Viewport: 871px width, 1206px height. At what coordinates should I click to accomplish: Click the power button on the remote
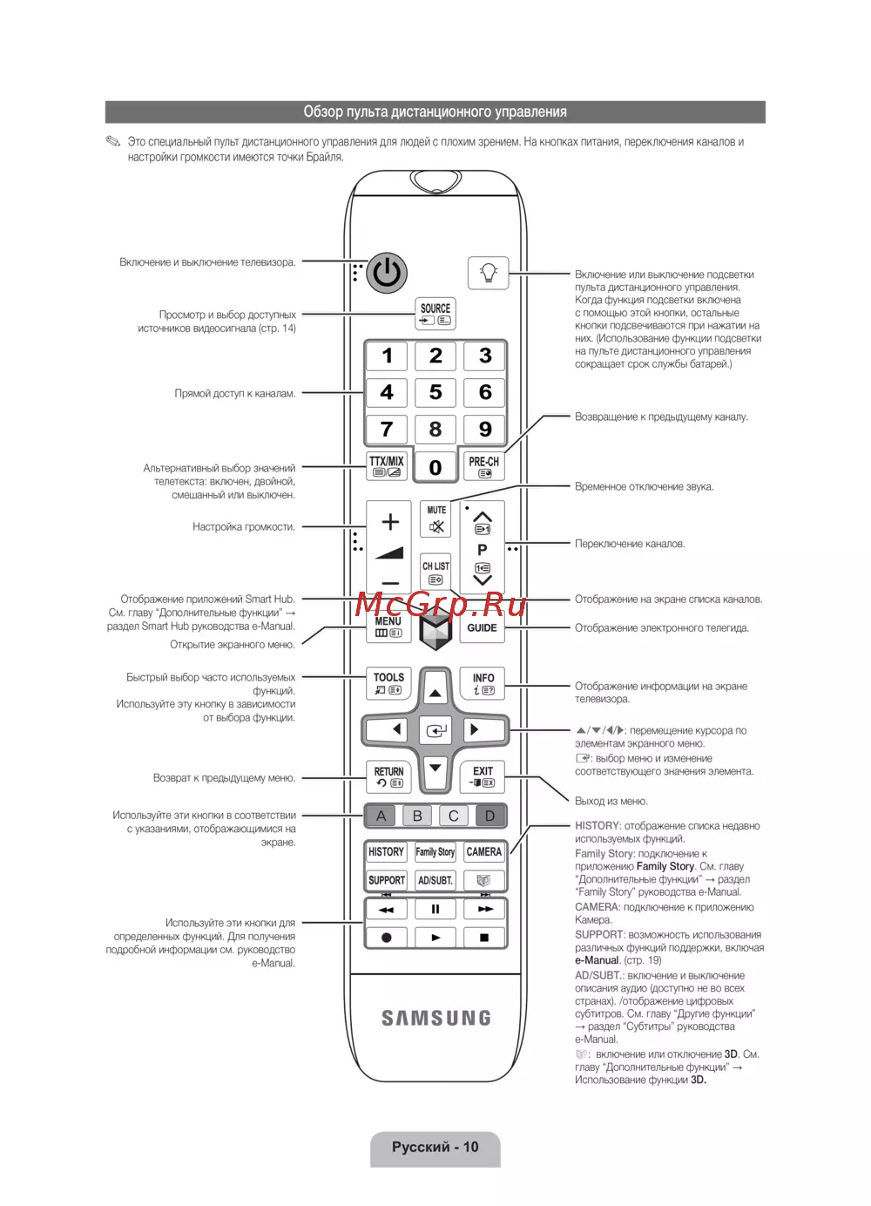pos(387,274)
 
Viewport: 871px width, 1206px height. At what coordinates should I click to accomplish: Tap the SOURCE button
pos(435,314)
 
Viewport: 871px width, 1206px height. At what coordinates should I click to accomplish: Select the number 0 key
pos(435,467)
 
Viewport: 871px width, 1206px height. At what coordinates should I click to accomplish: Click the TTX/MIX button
pos(387,465)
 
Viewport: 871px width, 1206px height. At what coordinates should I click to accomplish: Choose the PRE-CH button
pos(484,465)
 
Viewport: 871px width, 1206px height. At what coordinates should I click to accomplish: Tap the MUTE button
pos(436,519)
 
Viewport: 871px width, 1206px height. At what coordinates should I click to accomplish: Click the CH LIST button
pos(436,572)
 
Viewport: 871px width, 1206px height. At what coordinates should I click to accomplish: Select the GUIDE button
pos(482,627)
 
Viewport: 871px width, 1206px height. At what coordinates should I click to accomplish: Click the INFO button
pos(483,683)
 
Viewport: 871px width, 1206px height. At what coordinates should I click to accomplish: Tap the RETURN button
pos(388,776)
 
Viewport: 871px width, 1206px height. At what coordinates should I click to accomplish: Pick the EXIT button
pos(483,776)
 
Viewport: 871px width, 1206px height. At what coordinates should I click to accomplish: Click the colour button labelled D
pos(490,816)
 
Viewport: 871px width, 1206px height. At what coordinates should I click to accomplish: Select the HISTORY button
pos(386,852)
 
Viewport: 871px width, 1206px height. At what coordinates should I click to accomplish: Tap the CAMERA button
pos(483,852)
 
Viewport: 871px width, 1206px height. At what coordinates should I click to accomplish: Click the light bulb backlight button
pos(489,273)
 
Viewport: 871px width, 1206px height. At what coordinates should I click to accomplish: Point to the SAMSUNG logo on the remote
pos(436,1018)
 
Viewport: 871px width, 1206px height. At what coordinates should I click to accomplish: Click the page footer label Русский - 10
pos(435,1148)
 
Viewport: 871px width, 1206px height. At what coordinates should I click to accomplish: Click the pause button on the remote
pos(435,909)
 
